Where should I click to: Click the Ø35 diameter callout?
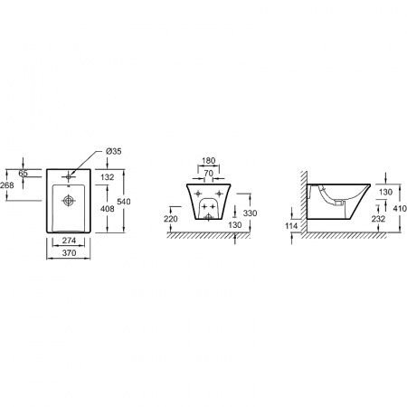click(114, 151)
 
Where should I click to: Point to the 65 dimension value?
click(24, 174)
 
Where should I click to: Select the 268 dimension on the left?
click(7, 185)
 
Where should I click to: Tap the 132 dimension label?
click(108, 177)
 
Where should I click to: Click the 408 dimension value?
click(108, 209)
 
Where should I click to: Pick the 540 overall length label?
click(124, 202)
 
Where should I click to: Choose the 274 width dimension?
click(69, 241)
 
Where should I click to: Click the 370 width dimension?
click(69, 253)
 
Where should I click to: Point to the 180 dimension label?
click(208, 161)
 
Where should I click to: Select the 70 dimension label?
click(208, 174)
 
